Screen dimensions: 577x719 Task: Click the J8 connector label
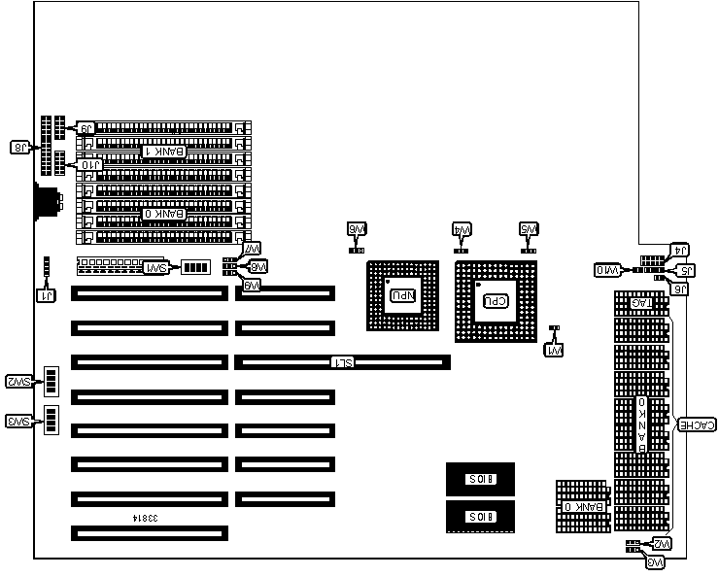click(x=19, y=148)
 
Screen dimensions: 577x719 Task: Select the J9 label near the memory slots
click(x=86, y=128)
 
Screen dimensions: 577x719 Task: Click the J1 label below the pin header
click(x=44, y=295)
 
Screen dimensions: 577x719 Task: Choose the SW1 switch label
click(x=154, y=267)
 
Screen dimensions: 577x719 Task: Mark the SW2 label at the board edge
click(x=18, y=381)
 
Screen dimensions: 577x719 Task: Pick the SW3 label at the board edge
click(x=18, y=421)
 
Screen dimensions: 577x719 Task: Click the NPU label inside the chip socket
click(x=401, y=294)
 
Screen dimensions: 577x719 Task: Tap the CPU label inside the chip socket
click(x=495, y=300)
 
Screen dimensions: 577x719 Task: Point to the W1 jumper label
click(x=554, y=349)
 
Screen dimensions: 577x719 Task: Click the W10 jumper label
click(x=607, y=269)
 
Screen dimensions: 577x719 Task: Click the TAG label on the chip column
click(x=642, y=304)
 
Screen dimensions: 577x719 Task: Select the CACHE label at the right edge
click(x=698, y=424)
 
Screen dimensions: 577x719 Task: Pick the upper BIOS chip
click(x=480, y=479)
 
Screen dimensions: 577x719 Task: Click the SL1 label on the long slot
click(x=342, y=362)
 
